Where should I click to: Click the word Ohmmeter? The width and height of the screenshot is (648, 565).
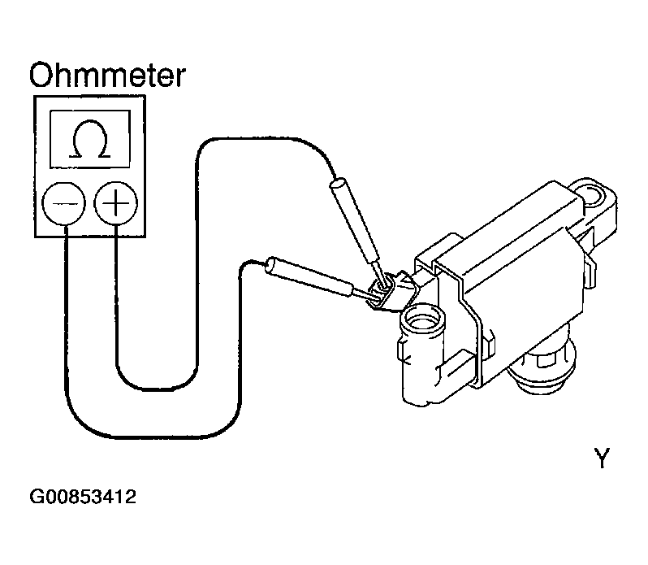point(107,75)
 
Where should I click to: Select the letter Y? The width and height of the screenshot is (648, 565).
point(601,459)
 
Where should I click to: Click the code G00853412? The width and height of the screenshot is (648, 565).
point(84,496)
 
